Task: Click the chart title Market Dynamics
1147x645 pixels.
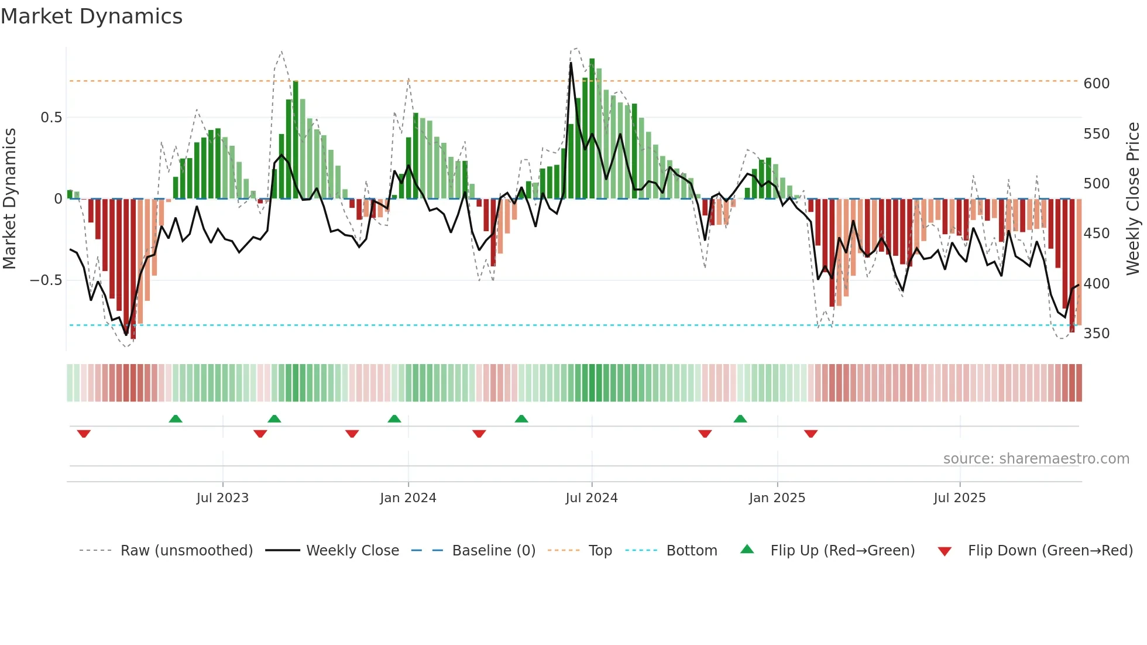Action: click(x=92, y=16)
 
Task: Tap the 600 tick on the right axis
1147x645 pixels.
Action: click(x=1096, y=84)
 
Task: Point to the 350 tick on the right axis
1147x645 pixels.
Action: click(x=1096, y=334)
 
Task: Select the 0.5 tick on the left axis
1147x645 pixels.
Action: click(x=51, y=118)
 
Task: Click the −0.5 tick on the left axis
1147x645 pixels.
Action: click(x=46, y=280)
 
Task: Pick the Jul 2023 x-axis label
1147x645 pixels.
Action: click(x=222, y=498)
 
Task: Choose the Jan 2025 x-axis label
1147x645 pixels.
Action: click(x=777, y=498)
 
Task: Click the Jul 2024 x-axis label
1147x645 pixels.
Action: click(x=592, y=498)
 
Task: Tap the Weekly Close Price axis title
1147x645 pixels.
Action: click(x=1133, y=199)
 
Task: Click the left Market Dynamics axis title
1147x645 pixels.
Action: click(x=10, y=199)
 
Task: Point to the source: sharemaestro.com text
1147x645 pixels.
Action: click(x=1036, y=459)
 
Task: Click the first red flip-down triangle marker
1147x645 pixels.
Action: click(x=84, y=434)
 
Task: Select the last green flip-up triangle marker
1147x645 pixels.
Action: click(x=740, y=418)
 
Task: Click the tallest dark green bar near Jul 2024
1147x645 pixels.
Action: click(x=592, y=129)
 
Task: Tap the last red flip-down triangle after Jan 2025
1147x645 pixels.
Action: click(x=811, y=434)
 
